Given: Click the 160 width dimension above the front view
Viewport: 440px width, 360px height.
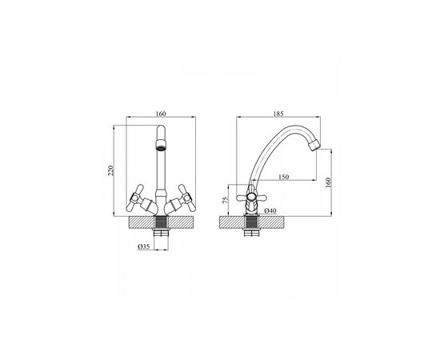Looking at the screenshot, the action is (161, 114).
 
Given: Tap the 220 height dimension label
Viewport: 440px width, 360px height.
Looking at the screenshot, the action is (111, 171).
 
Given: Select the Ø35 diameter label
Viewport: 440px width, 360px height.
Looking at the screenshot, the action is (143, 246).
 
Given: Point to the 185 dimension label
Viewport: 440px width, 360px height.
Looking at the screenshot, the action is (278, 114).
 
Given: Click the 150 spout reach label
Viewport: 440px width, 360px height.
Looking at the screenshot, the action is (283, 177).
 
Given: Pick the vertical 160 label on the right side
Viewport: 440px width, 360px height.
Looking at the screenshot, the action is (328, 182).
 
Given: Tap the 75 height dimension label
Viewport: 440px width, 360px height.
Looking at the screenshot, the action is (225, 199).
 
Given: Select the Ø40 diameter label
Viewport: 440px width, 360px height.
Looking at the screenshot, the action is (270, 210).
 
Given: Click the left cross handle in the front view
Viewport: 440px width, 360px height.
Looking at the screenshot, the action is (135, 198).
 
